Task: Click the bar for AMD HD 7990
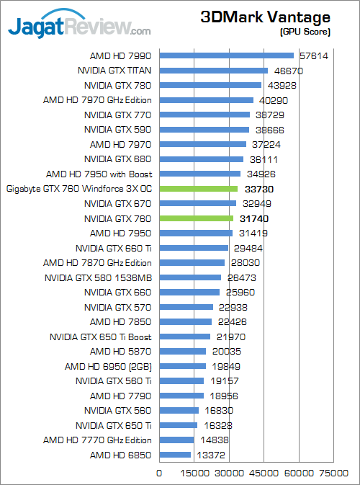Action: (226, 55)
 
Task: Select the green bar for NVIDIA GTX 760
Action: (196, 218)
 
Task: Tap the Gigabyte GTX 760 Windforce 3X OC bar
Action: (198, 189)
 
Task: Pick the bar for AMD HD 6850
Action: (175, 455)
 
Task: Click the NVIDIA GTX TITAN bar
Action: (213, 71)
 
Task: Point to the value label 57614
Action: (313, 55)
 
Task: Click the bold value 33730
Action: (259, 189)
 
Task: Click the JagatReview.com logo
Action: (79, 27)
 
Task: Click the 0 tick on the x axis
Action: (160, 473)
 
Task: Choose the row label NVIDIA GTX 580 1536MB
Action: (98, 277)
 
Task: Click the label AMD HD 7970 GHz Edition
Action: (97, 100)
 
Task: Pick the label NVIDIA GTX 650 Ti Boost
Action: (101, 337)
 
